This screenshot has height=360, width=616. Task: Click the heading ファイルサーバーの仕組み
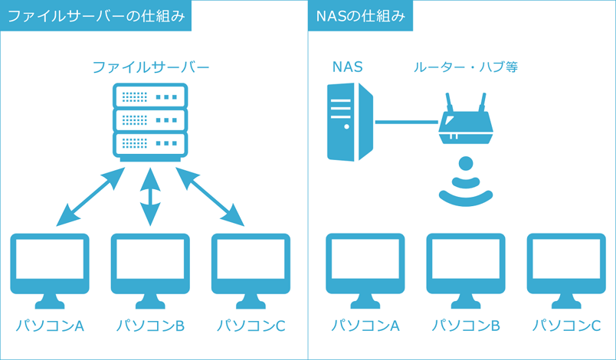click(x=95, y=15)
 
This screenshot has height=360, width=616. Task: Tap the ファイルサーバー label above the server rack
click(x=150, y=67)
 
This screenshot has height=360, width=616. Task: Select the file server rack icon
click(x=150, y=120)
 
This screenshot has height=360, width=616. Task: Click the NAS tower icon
click(x=350, y=122)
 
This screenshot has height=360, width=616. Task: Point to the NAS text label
click(x=347, y=67)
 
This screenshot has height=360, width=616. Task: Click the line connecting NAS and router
click(x=406, y=121)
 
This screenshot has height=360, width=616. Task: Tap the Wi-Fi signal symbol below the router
click(x=464, y=184)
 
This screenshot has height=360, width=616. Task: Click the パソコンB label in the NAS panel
click(x=465, y=326)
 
